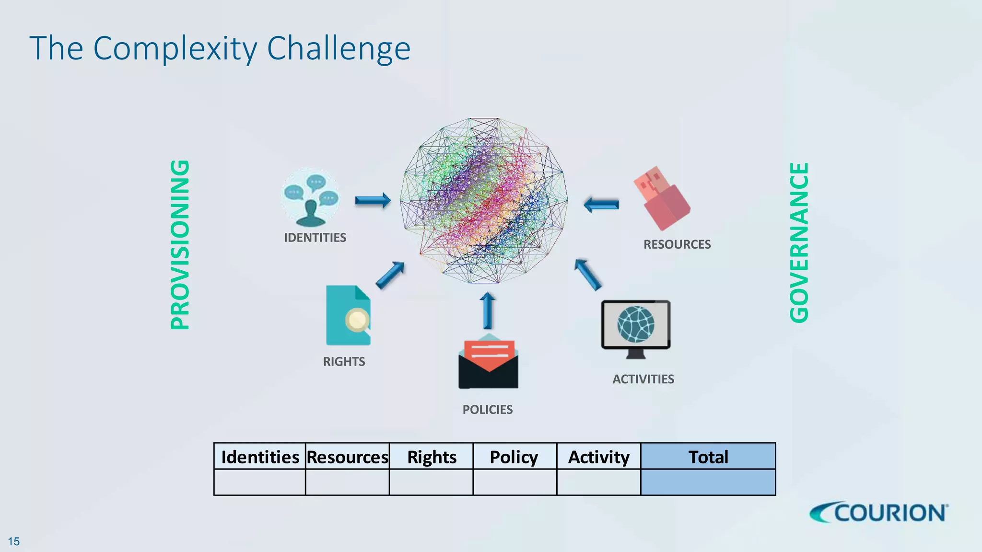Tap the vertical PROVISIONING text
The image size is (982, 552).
pyautogui.click(x=180, y=244)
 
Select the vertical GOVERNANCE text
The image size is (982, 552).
pyautogui.click(x=799, y=242)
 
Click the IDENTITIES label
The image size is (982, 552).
pyautogui.click(x=315, y=238)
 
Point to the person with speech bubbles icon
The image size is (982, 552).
pyautogui.click(x=310, y=197)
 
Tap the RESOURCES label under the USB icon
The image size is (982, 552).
pyautogui.click(x=677, y=244)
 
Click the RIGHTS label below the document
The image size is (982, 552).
pyautogui.click(x=344, y=362)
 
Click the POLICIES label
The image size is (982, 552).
pyautogui.click(x=487, y=410)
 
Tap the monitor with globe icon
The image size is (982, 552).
pyautogui.click(x=636, y=329)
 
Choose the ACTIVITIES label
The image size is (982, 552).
pyautogui.click(x=643, y=379)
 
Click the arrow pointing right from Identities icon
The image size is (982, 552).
pyautogui.click(x=373, y=200)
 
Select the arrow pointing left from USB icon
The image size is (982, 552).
pyautogui.click(x=601, y=205)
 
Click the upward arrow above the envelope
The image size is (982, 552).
pyautogui.click(x=488, y=310)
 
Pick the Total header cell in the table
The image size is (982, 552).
pyautogui.click(x=708, y=457)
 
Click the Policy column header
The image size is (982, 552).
pyautogui.click(x=514, y=457)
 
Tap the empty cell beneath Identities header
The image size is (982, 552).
pyautogui.click(x=259, y=482)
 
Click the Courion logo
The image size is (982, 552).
pyautogui.click(x=879, y=513)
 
